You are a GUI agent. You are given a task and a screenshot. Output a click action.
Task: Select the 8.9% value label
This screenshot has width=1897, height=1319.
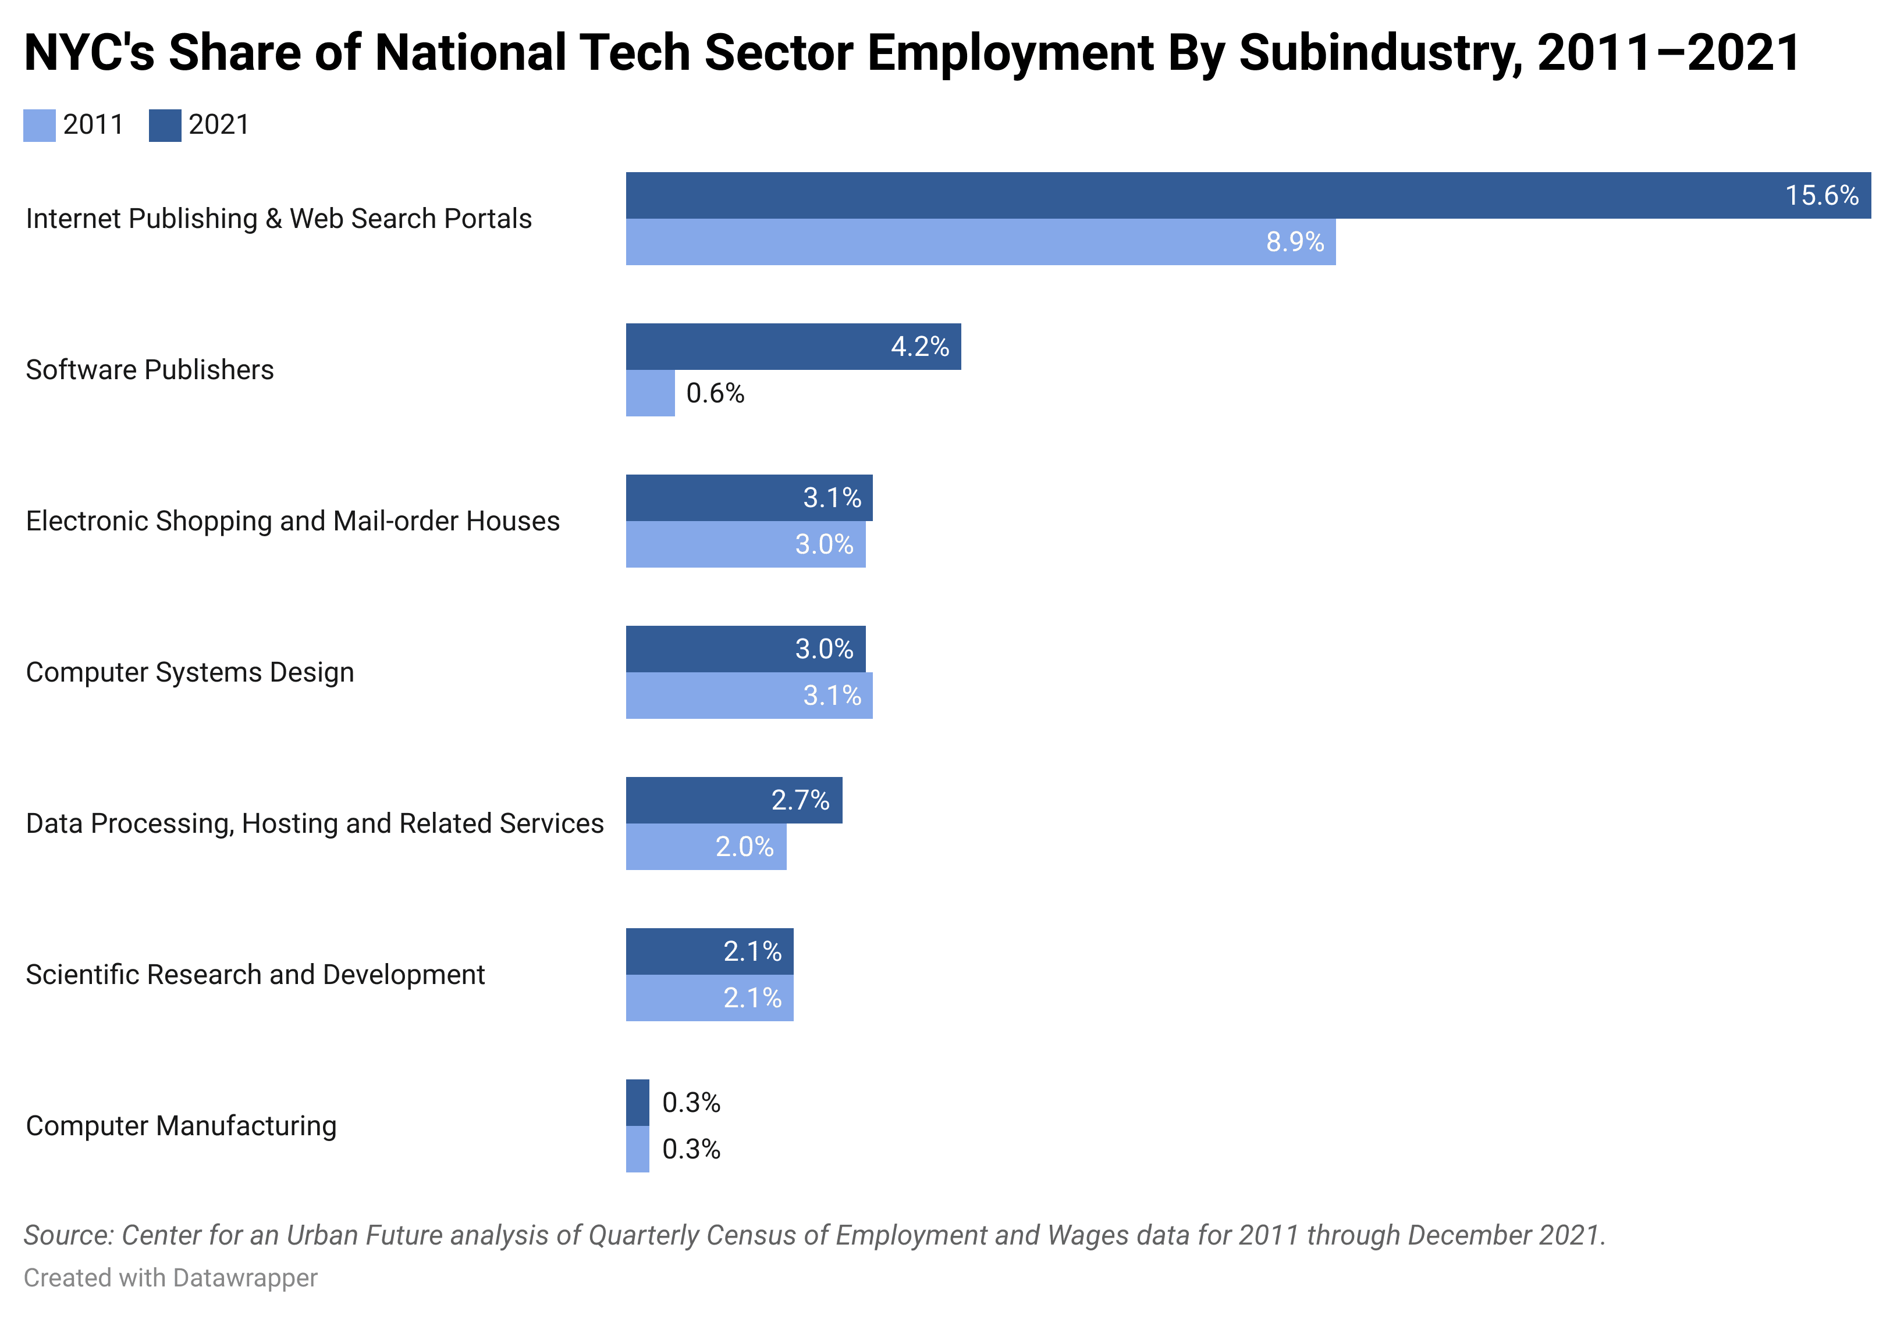click(1295, 242)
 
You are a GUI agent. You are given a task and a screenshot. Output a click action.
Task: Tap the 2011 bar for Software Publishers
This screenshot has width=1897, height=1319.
click(650, 393)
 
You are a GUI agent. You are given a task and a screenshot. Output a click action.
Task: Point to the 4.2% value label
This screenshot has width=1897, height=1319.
click(919, 346)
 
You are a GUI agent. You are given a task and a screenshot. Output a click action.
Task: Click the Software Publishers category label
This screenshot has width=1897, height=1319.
click(150, 370)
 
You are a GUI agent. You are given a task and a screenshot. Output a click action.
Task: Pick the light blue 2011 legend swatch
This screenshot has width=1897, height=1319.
click(40, 126)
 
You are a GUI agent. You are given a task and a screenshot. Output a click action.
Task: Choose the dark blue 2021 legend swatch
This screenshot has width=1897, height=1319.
click(165, 126)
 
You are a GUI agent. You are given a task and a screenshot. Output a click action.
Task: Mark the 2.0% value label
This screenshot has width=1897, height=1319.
click(744, 847)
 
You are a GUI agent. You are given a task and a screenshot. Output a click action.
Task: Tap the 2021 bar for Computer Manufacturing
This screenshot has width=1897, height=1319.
click(637, 1103)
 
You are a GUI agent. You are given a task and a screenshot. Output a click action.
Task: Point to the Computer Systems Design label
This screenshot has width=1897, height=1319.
click(190, 672)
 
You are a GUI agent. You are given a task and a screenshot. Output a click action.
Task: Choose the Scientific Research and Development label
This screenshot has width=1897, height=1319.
click(255, 975)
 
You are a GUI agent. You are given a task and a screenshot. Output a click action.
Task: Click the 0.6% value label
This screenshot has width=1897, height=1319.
click(716, 393)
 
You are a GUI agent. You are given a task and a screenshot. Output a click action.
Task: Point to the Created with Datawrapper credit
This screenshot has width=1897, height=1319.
click(170, 1278)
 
